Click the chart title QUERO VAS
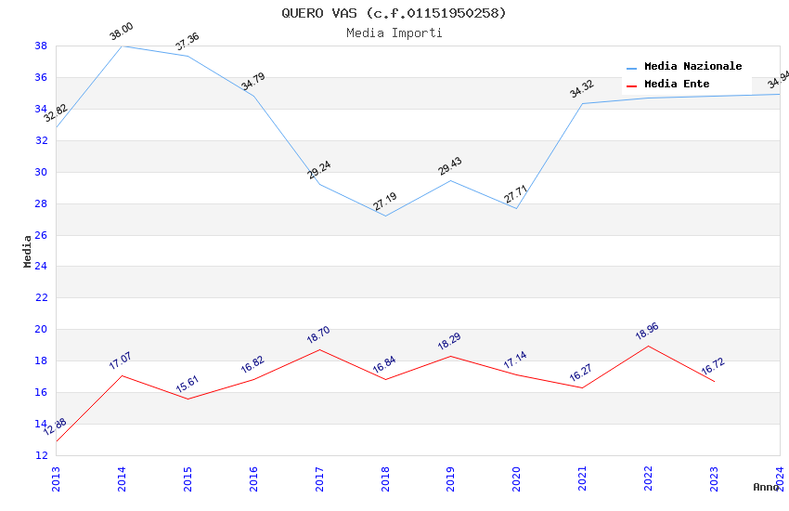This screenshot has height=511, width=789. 394,13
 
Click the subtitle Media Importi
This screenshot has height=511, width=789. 394,33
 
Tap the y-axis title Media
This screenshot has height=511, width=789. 28,251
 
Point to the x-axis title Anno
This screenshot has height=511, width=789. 766,487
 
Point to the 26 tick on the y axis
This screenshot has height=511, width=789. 41,235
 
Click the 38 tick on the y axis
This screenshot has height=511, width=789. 41,46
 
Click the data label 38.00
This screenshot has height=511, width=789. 121,32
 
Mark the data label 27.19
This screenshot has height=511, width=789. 384,202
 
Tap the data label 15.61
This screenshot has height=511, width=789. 188,384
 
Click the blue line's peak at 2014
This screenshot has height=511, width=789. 123,46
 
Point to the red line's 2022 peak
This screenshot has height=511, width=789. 648,346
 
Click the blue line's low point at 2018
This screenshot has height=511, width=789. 385,216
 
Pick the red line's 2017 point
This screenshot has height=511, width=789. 319,349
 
